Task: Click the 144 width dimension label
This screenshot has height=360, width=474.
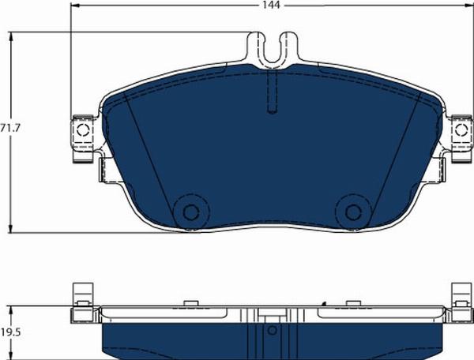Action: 271,6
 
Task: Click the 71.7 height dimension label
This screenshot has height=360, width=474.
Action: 9,128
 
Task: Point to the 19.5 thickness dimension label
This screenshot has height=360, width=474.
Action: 10,332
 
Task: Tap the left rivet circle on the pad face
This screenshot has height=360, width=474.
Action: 191,212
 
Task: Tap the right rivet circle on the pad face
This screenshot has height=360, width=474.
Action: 353,212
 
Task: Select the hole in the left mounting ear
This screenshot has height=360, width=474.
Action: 83,130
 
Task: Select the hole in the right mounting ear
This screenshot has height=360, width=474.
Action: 461,129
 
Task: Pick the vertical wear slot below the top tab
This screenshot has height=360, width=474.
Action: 273,92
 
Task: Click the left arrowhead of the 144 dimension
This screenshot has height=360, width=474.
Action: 74,6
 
